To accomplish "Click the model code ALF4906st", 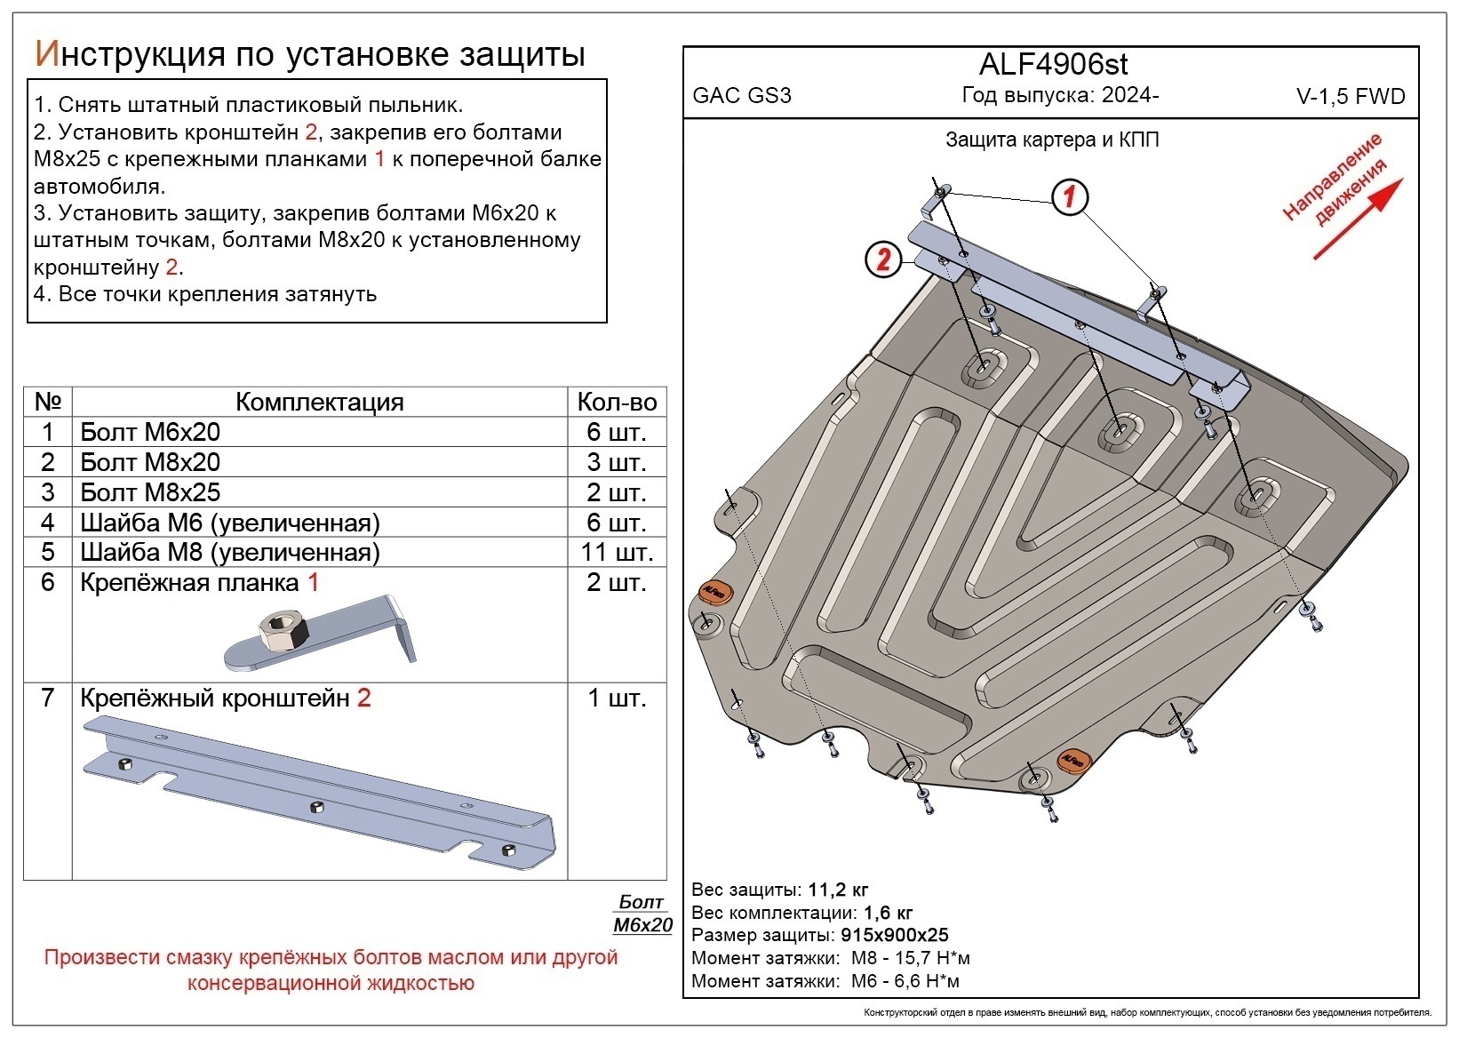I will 1053,64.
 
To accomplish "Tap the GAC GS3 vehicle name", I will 741,96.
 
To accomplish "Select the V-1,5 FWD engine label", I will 1351,98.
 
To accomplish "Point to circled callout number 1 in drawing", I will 1070,196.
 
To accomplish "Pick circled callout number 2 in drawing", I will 883,259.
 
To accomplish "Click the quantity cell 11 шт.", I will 617,552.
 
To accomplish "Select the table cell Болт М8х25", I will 150,492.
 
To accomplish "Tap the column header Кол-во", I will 617,402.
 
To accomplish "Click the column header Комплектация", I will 319,402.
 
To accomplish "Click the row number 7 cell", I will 48,698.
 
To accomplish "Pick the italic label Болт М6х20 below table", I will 642,914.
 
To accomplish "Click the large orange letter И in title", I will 46,54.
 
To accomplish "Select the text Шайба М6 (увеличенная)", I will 229,523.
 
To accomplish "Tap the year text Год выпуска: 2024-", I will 1059,95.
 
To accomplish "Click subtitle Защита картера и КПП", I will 1052,140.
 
